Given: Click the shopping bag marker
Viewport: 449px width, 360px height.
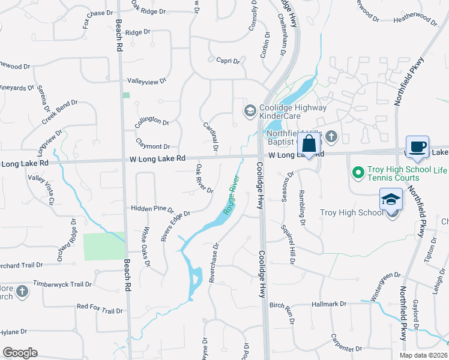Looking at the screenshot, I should [309, 145].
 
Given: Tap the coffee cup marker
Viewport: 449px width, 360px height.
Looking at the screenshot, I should [417, 146].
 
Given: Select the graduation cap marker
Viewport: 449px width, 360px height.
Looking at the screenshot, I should [391, 199].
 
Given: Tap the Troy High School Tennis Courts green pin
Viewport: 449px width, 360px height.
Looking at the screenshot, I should [358, 173].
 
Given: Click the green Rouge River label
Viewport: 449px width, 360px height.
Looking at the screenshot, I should [231, 196].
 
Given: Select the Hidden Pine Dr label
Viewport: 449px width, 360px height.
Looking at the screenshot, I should [152, 208].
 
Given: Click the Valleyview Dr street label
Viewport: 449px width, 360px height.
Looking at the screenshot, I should [146, 81].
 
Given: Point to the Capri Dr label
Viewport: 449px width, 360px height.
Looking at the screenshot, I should [228, 61].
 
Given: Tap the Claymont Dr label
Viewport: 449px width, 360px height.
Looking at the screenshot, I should [152, 146].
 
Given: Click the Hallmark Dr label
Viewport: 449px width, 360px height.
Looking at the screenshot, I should [330, 304].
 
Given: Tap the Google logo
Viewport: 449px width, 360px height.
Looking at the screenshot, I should [20, 352].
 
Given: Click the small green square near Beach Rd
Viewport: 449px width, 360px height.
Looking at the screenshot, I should [126, 95].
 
